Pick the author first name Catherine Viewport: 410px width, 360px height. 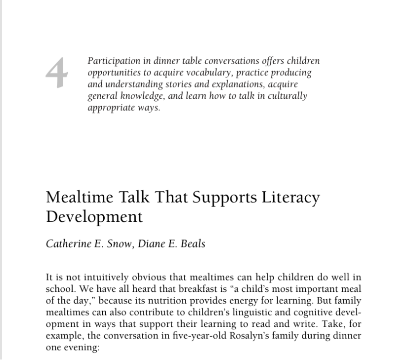71,243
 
